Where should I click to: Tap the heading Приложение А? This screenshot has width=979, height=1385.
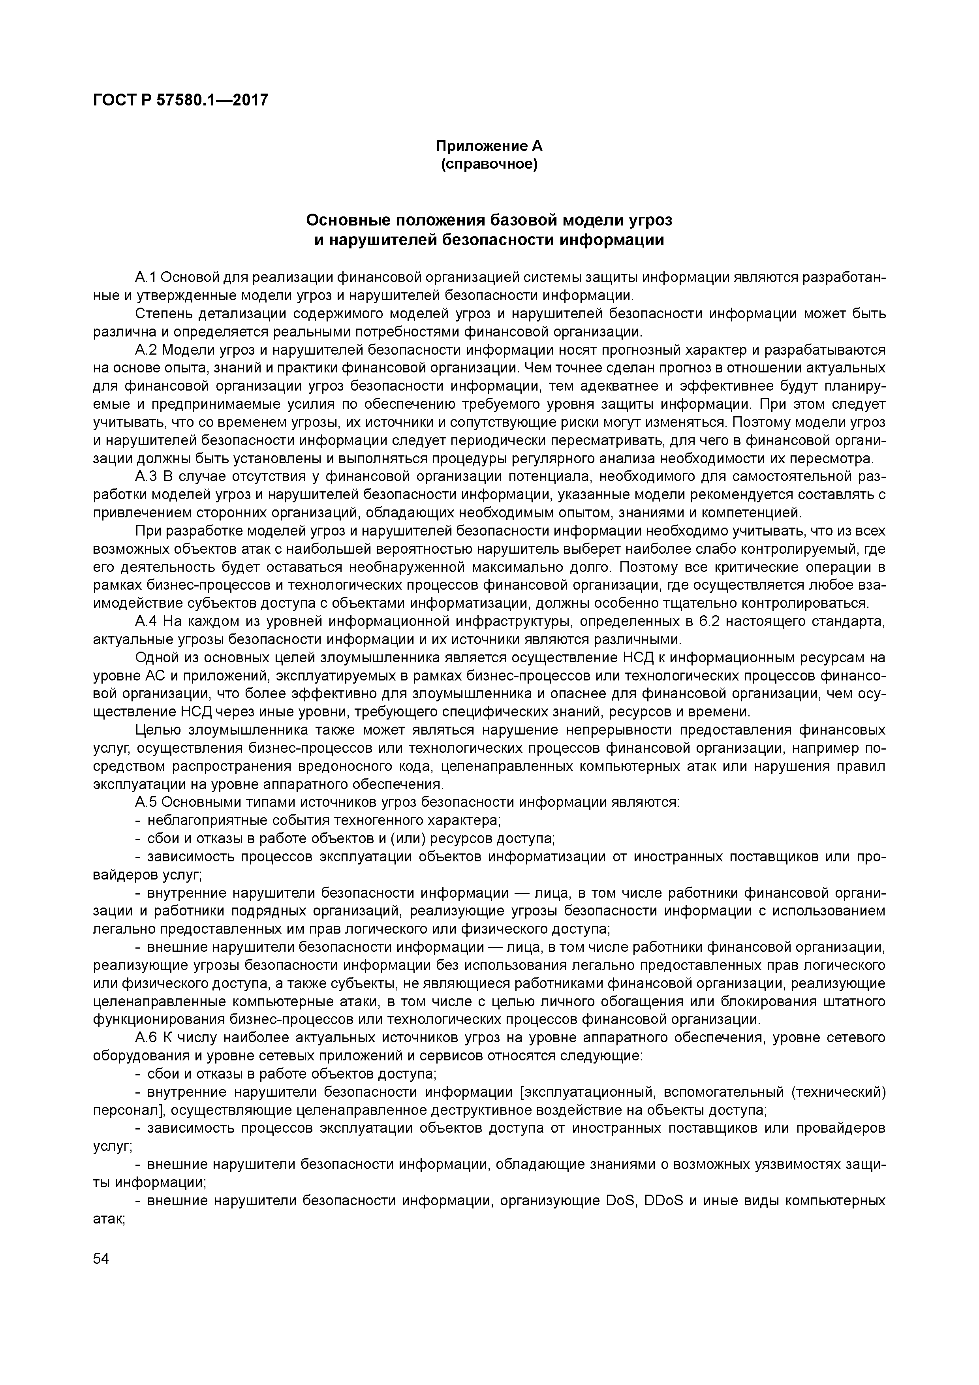[x=489, y=146]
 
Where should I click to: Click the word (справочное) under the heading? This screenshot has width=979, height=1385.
[x=489, y=164]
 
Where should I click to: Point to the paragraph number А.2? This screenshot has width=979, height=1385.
[x=147, y=350]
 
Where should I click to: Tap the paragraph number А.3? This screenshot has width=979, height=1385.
[x=147, y=477]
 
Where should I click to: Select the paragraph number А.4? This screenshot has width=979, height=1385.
[x=147, y=621]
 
